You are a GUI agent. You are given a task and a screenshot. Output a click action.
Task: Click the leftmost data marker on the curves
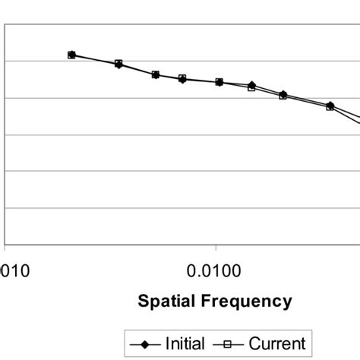point(71,55)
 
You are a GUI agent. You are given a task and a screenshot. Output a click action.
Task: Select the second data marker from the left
point(118,64)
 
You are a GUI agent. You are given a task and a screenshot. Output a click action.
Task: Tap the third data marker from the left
point(156,74)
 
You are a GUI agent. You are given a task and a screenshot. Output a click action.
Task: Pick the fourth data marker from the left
point(182,78)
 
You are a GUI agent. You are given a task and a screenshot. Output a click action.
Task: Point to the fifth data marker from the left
point(219,82)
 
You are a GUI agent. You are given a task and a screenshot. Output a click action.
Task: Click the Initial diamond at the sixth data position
point(252,84)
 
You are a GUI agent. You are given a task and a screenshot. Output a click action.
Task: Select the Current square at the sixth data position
point(252,88)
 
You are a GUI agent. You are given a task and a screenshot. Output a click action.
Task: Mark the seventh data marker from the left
point(283,95)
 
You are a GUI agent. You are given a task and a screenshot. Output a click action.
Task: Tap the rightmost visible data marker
point(330,106)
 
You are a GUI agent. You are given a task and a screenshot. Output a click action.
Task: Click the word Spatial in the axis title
point(163,302)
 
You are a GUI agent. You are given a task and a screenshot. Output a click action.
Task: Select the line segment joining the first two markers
point(95,59)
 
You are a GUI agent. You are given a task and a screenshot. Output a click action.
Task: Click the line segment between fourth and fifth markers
point(201,81)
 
